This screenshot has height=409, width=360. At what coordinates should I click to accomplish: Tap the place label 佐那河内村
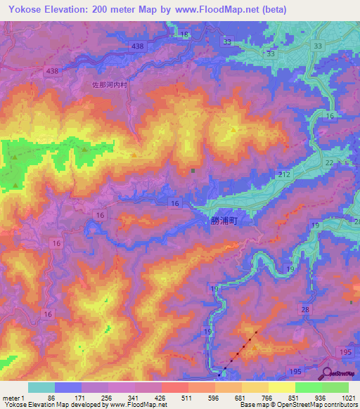[x=112, y=84]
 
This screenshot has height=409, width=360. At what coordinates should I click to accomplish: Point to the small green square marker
[x=193, y=170]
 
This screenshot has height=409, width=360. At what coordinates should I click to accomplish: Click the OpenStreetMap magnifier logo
[x=327, y=374]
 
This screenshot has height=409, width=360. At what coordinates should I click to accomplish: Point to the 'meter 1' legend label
[x=13, y=398]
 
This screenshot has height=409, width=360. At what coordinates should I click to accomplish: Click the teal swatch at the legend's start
[x=41, y=387]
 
